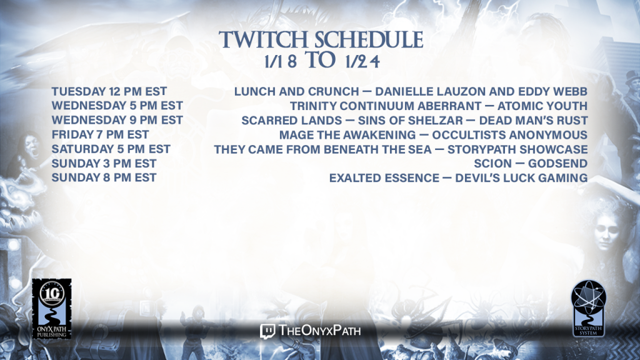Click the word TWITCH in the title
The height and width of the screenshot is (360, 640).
point(263,40)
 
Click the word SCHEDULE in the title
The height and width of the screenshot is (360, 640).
point(369,40)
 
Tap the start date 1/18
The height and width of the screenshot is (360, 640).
point(281,62)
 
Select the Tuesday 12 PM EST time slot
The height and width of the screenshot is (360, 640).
point(109,91)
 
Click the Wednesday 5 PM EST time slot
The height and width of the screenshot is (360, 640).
point(117,106)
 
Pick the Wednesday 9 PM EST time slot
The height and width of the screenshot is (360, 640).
point(117,120)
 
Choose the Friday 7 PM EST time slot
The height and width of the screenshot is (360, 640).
point(100,134)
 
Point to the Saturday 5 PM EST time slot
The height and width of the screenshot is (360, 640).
point(111,149)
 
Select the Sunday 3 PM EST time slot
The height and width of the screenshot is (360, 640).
point(104,163)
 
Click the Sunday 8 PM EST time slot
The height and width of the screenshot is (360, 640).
point(104,177)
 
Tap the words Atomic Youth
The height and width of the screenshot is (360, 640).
point(542,106)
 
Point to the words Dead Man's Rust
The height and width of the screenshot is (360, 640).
point(534,121)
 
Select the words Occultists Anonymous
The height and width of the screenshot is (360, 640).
point(510,135)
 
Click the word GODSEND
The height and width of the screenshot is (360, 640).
point(557,163)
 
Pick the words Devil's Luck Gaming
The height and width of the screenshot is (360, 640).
point(521,178)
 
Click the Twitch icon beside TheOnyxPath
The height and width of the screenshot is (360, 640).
point(267,331)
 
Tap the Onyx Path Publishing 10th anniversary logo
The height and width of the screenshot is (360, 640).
point(52,309)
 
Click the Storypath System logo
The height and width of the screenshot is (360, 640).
point(588,309)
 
